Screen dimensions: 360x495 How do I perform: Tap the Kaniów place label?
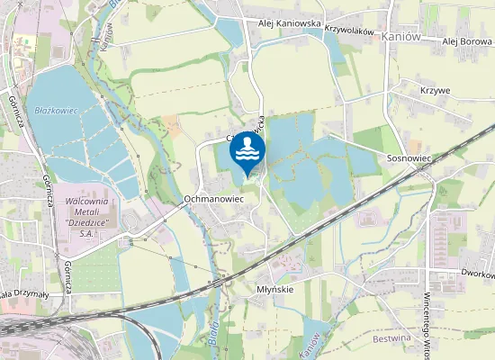(400, 37)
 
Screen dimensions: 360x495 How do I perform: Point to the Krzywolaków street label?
(349, 31)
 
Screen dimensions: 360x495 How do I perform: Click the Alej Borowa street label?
(467, 41)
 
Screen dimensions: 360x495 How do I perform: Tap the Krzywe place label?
(435, 91)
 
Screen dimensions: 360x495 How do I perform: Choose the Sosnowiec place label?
(409, 157)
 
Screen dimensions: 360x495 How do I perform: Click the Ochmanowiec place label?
(213, 197)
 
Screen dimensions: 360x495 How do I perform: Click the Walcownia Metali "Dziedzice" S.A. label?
(94, 212)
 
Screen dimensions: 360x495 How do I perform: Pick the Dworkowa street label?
(476, 273)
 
